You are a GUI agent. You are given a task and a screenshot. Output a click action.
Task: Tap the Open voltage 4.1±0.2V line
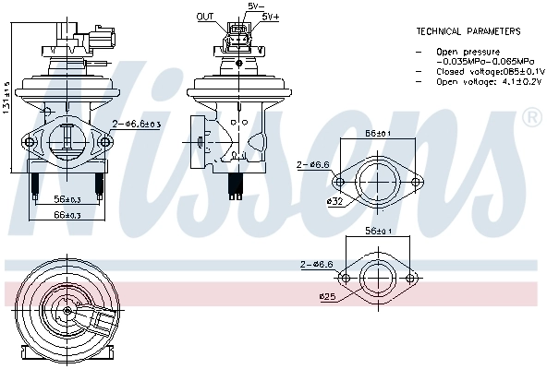point(477,81)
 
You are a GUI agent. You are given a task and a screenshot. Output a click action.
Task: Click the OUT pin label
point(205,17)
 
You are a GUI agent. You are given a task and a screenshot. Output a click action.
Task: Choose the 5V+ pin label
point(270,17)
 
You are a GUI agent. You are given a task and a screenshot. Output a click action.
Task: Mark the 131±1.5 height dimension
point(6,100)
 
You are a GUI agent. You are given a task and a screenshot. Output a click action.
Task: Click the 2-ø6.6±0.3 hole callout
point(138,123)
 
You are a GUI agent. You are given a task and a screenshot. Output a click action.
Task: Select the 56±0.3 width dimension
point(67,200)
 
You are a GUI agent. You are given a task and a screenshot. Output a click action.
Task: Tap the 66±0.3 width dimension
point(67,215)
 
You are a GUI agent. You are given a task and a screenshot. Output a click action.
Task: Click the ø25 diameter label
point(326,296)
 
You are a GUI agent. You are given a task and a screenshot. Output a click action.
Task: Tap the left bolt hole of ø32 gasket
point(345,180)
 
